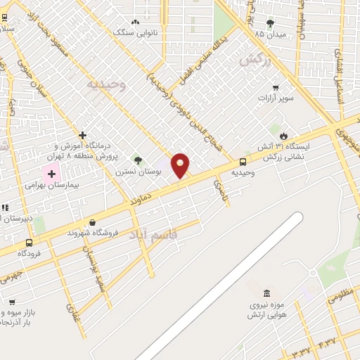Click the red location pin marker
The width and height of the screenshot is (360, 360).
181,166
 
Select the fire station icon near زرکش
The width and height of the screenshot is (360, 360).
283,135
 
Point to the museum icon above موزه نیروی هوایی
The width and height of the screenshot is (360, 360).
266,293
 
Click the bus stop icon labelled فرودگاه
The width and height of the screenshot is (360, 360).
29,243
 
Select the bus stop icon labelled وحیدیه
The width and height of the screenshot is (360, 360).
243,161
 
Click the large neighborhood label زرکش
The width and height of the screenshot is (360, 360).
255,61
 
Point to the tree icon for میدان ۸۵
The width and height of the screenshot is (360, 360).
271,23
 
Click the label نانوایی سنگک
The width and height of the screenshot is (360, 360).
136,33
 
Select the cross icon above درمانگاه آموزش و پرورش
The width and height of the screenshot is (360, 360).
83,134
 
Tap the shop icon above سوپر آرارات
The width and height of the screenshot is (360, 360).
276,88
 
